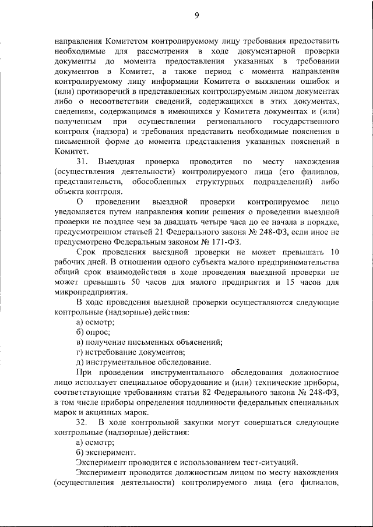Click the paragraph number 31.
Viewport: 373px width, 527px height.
82,161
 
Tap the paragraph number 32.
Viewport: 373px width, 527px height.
82,422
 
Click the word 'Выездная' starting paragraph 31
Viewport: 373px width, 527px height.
117,161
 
